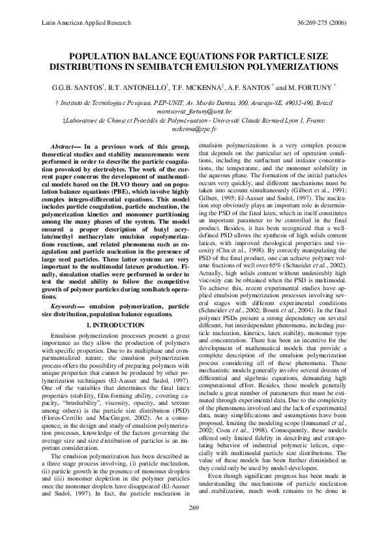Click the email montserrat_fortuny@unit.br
pos(194,111)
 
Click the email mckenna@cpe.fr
pos(194,129)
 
